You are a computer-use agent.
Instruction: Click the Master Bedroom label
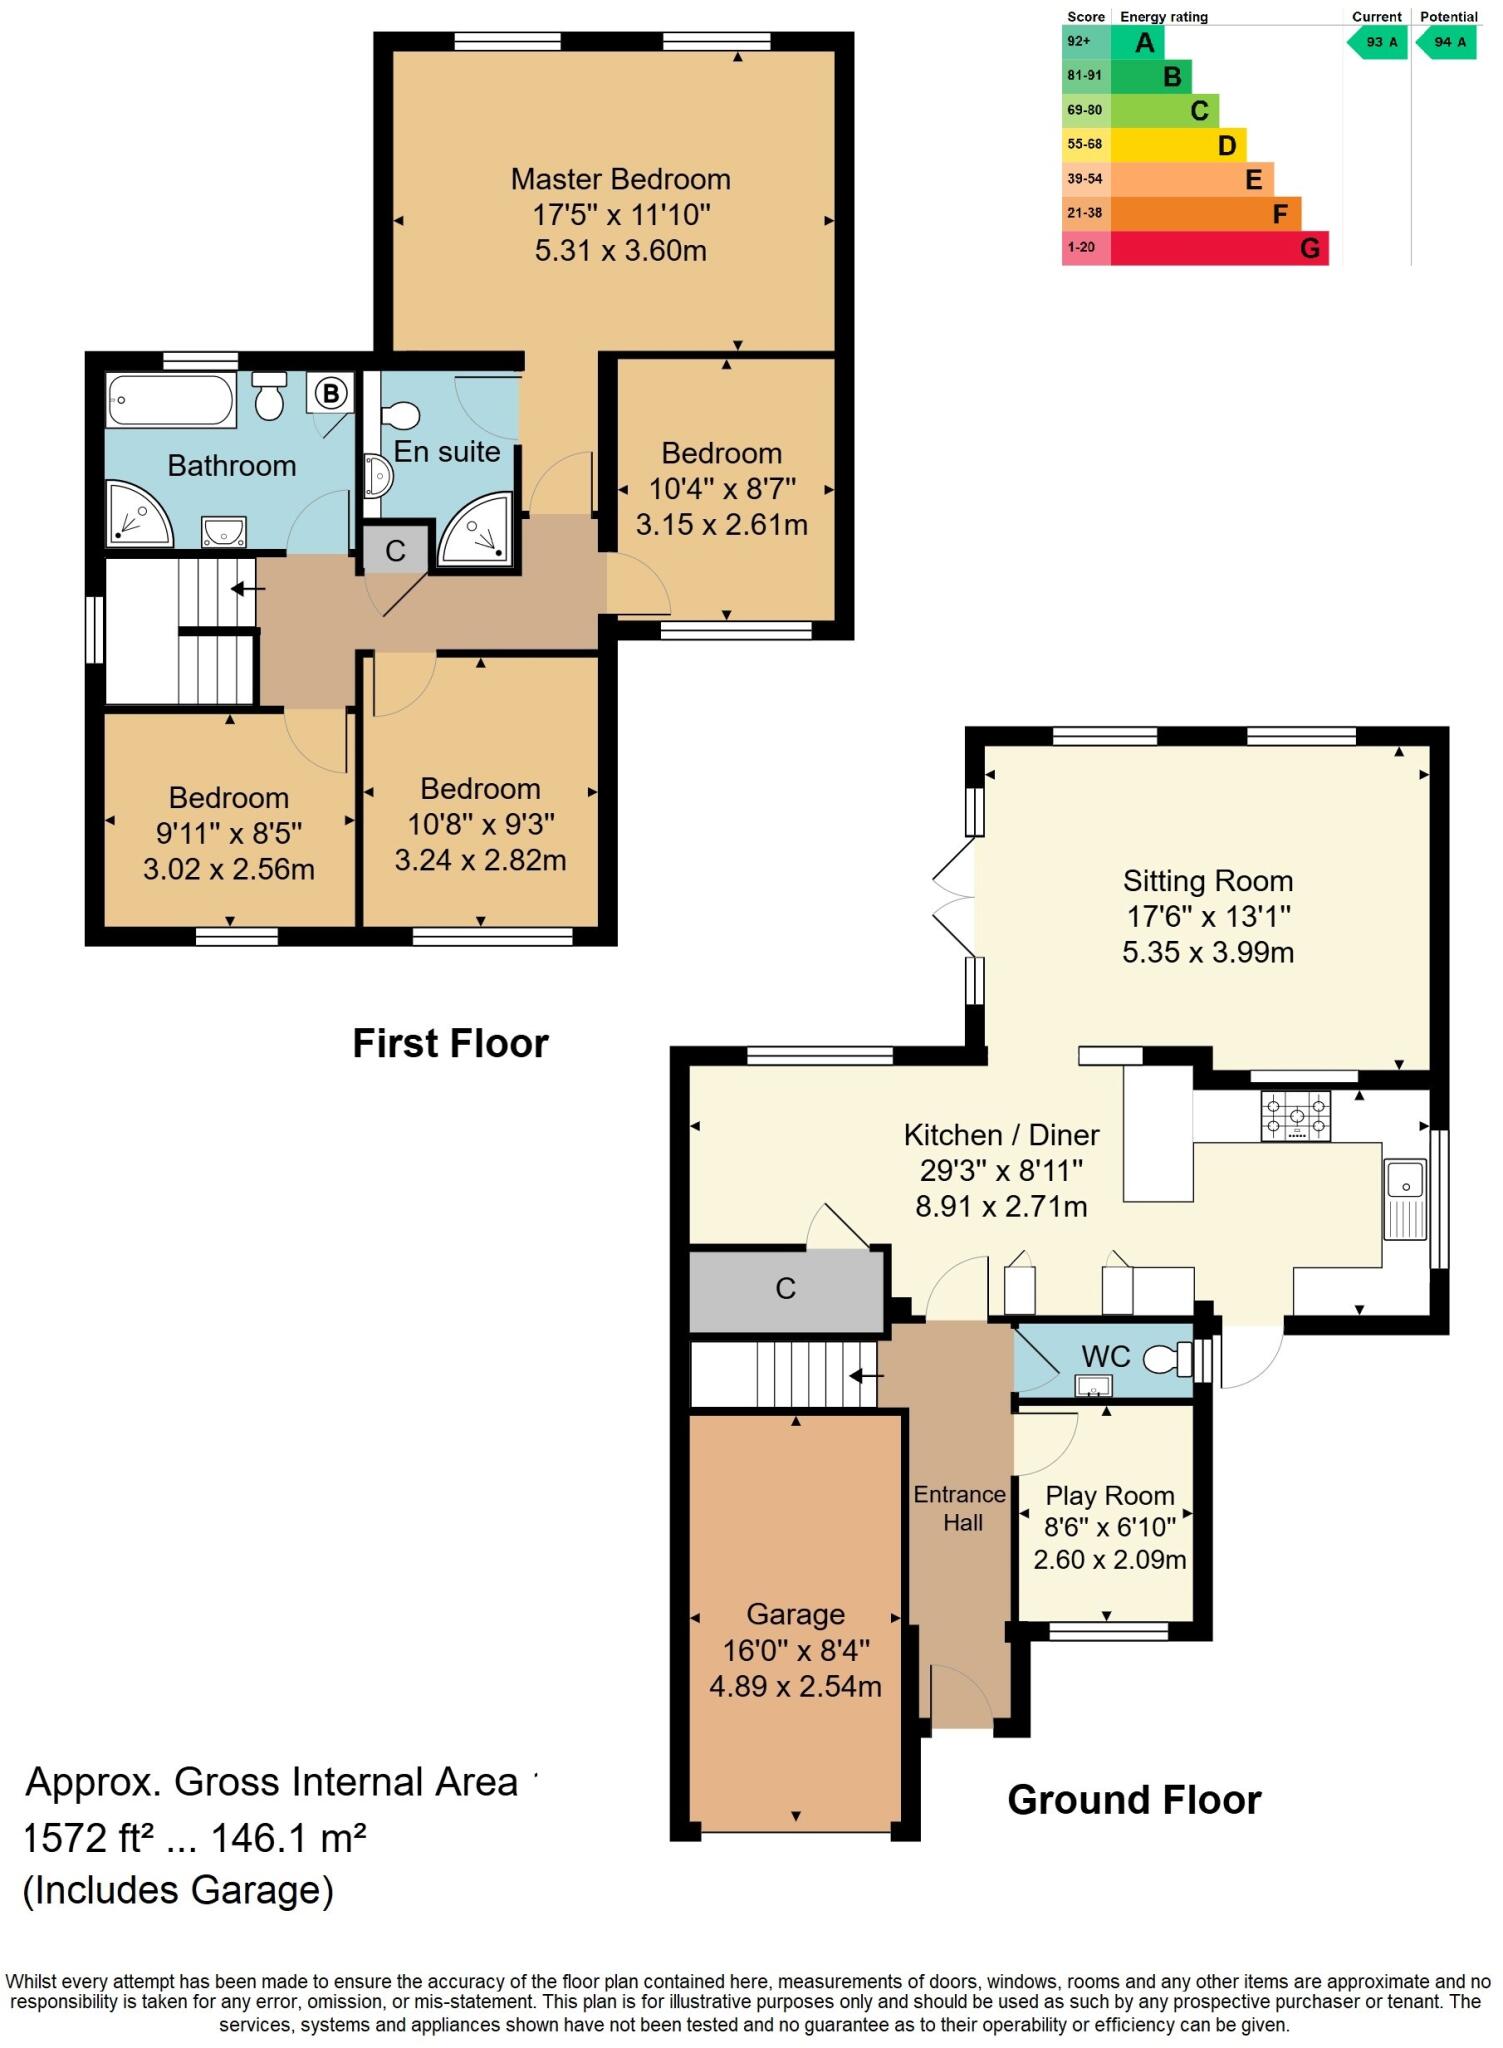click(620, 179)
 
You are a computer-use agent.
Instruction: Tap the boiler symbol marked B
click(330, 393)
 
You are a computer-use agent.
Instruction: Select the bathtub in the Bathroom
click(170, 400)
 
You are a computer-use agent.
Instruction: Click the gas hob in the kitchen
click(1295, 1115)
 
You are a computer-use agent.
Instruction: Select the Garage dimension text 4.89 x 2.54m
click(795, 1686)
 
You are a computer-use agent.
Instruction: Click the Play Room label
click(1109, 1495)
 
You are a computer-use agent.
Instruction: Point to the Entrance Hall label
click(960, 1508)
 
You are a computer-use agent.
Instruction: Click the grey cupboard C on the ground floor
click(786, 1288)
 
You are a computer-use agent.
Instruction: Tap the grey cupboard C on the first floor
click(395, 551)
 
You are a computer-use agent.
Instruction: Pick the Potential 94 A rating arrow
click(1446, 42)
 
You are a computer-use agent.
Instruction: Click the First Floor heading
click(450, 1043)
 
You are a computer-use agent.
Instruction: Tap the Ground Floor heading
click(1133, 1799)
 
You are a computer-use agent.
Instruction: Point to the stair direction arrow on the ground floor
click(866, 1376)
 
